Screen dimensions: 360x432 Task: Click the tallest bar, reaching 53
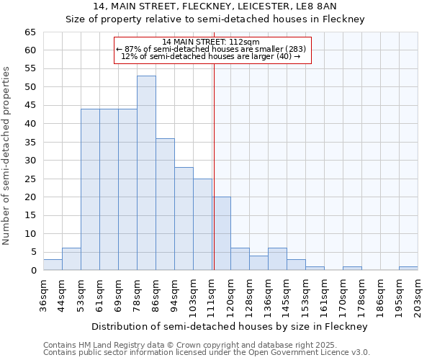pyautogui.click(x=146, y=173)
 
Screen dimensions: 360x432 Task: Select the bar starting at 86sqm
pyautogui.click(x=165, y=204)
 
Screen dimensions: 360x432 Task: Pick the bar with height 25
pyautogui.click(x=202, y=225)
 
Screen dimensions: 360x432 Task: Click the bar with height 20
pyautogui.click(x=221, y=234)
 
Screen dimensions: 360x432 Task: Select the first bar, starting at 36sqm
pyautogui.click(x=53, y=265)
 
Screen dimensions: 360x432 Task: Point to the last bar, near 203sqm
pyautogui.click(x=408, y=269)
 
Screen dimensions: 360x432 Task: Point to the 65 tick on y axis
pyautogui.click(x=30, y=32)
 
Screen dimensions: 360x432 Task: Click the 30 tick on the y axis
pyautogui.click(x=30, y=161)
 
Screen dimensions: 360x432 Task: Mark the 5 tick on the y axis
pyautogui.click(x=32, y=252)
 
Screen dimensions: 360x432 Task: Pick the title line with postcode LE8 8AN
pyautogui.click(x=215, y=6)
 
